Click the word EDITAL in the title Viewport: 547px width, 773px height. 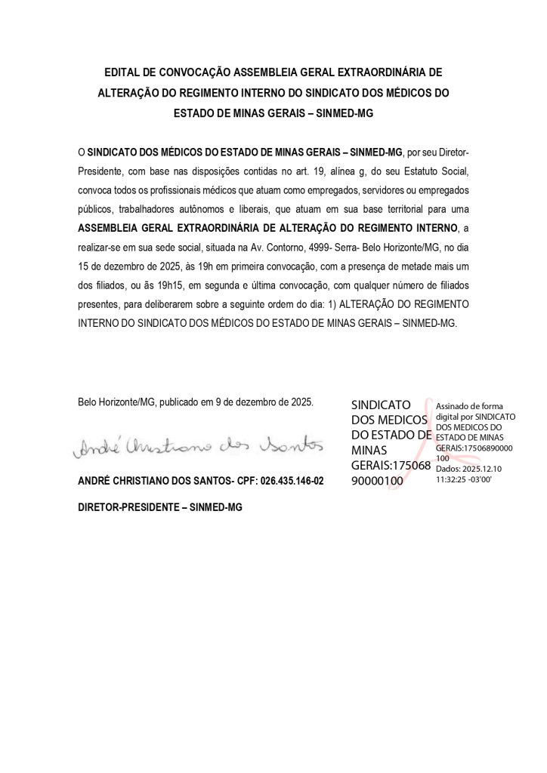[124, 74]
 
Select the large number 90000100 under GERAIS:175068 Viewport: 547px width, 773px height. [382, 481]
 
